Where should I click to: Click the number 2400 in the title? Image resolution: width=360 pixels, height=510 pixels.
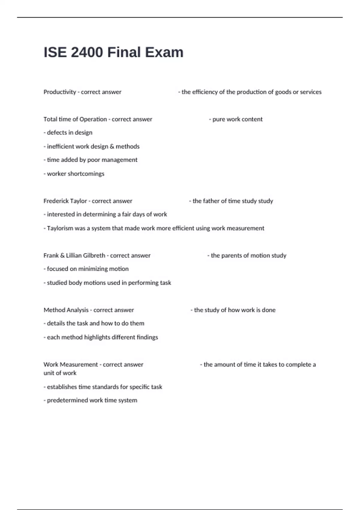click(87, 52)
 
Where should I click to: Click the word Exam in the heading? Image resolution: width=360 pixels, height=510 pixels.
click(164, 52)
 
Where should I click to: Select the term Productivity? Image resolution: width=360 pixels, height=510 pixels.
click(60, 92)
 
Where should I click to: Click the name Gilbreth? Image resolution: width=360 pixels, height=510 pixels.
click(94, 256)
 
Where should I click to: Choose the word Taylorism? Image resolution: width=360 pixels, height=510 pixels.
click(60, 228)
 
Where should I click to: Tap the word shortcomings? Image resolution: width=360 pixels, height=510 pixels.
click(86, 174)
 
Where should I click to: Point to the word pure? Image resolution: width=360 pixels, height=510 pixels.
click(218, 119)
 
